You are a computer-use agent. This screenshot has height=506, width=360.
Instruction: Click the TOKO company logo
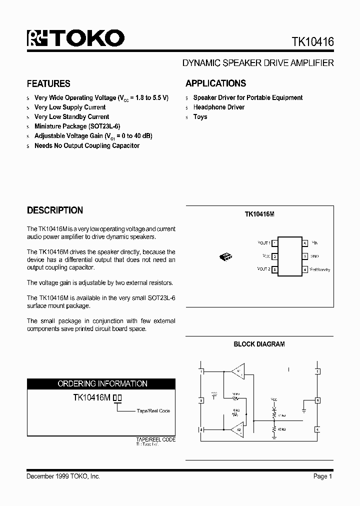(x=75, y=38)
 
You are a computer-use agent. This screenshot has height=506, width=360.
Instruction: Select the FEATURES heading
(x=48, y=83)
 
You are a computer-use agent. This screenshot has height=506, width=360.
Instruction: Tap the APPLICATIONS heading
(x=215, y=83)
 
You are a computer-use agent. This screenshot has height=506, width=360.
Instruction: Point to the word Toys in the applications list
(x=200, y=117)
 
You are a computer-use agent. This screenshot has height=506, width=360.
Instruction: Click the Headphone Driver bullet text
(x=218, y=107)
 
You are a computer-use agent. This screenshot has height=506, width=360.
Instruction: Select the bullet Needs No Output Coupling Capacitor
(x=86, y=146)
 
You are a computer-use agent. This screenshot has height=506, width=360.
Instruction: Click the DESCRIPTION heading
(x=54, y=210)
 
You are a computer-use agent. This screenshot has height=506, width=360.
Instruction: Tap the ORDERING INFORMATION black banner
(x=101, y=384)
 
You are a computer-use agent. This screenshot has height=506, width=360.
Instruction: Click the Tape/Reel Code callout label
(x=153, y=411)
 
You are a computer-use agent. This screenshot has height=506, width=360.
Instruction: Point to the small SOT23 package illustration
(x=225, y=256)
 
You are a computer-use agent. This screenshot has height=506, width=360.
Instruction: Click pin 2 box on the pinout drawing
(x=275, y=256)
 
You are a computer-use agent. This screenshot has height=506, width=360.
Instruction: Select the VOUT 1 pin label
(x=263, y=243)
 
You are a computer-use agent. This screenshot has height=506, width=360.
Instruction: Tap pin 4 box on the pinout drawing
(x=304, y=269)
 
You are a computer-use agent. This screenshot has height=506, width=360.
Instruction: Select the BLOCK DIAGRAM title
(x=259, y=344)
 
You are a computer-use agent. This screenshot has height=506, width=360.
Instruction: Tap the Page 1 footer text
(x=323, y=476)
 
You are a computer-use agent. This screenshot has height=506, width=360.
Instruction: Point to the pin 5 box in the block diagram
(x=317, y=400)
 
